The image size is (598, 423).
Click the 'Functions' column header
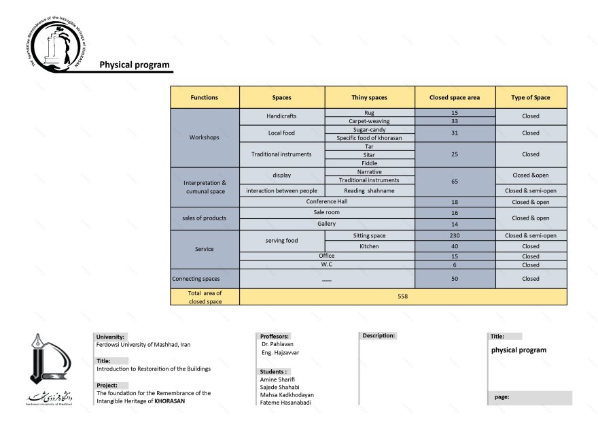205,97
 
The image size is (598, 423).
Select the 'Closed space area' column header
455,97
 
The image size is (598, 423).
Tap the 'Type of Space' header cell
531,97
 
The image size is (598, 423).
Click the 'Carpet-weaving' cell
369,121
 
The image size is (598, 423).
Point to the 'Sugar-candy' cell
369,129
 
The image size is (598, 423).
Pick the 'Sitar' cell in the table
369,154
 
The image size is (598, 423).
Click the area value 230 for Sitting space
455,235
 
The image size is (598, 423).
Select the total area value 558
403,297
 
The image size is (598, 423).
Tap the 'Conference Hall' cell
326,201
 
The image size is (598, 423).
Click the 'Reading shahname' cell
369,191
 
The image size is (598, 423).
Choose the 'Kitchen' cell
369,246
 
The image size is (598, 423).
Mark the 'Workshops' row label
205,137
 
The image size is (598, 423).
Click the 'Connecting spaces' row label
205,279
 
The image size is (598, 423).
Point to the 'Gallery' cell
326,224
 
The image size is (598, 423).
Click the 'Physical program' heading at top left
135,65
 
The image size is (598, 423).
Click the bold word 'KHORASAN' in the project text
170,401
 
